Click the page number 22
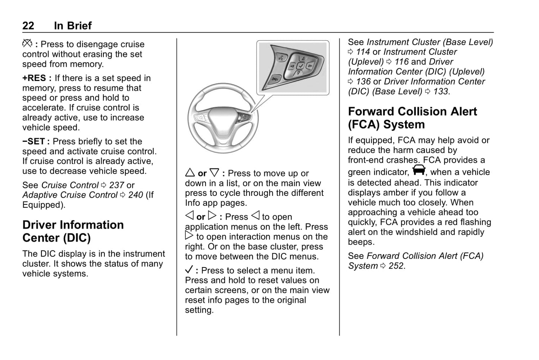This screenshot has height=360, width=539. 28,25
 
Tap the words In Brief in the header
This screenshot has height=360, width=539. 72,25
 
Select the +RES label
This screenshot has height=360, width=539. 34,78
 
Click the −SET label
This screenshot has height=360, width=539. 34,141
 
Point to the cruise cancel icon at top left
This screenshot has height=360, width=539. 27,44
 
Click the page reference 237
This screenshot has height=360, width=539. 116,185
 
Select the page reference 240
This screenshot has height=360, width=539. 135,195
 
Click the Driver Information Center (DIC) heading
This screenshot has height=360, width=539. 73,231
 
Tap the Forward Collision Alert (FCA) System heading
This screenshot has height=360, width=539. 412,118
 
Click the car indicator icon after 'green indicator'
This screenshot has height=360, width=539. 419,170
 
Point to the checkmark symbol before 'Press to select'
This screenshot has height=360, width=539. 189,270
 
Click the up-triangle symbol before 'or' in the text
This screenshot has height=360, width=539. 190,173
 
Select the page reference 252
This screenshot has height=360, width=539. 396,266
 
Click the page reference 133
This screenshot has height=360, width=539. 441,91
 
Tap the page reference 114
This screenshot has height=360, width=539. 363,52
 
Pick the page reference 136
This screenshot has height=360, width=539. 363,81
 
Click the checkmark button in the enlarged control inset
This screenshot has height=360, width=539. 300,66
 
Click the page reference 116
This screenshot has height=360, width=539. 401,62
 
